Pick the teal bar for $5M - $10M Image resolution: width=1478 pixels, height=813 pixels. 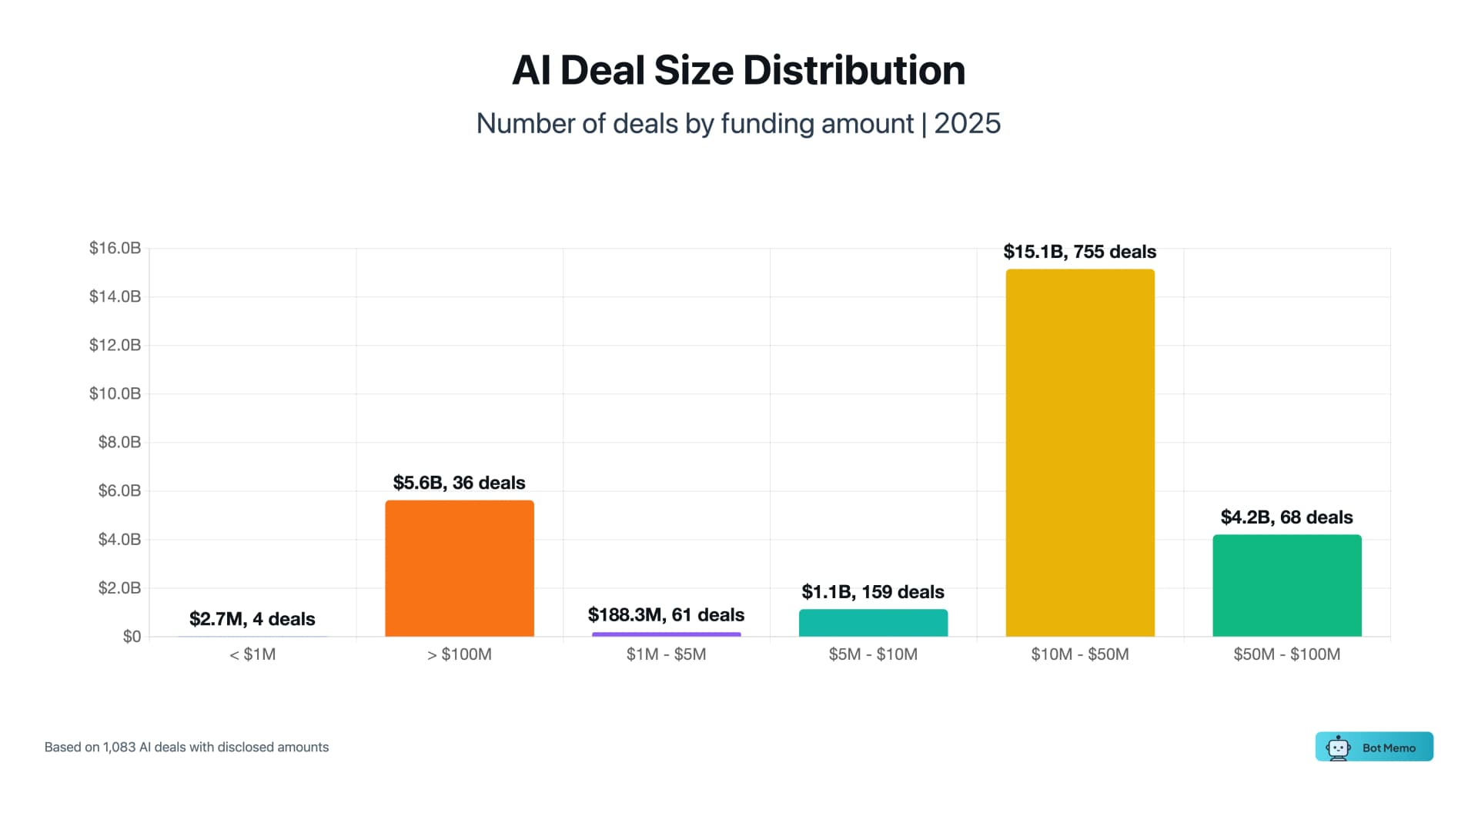[873, 623]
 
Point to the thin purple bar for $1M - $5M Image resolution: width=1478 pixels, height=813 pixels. [666, 634]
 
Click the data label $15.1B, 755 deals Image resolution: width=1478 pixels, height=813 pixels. [1079, 252]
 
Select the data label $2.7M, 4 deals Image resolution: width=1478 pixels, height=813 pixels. [252, 619]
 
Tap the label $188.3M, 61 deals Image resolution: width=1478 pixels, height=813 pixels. [666, 614]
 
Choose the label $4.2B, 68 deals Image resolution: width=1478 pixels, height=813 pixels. [1286, 517]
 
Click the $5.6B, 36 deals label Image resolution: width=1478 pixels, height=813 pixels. [459, 483]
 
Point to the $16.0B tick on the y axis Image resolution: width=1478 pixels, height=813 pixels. [115, 248]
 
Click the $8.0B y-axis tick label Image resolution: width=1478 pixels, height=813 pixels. [119, 442]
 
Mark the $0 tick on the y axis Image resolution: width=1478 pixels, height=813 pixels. [132, 637]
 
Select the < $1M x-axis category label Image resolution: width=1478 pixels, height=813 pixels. [252, 654]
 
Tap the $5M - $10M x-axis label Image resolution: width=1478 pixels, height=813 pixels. [873, 654]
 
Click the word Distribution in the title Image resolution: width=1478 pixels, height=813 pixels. [854, 71]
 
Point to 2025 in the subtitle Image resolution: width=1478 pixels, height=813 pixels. [967, 124]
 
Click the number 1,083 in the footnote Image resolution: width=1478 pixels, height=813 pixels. [119, 747]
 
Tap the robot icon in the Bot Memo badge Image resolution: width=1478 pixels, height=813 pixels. [1338, 748]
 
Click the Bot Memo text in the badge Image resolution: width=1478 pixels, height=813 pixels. [1389, 748]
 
